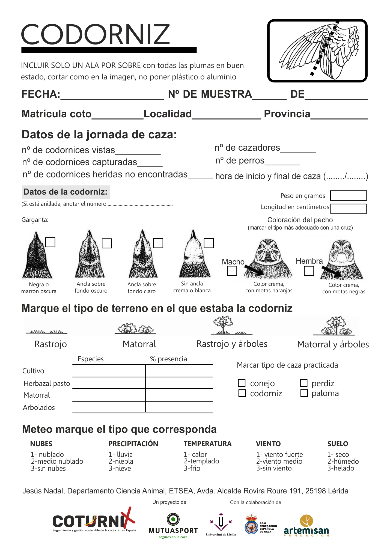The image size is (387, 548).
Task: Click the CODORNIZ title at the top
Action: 96,34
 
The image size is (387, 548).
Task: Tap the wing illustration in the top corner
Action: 317,51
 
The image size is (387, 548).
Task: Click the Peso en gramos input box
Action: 348,195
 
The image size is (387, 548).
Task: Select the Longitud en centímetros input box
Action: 348,209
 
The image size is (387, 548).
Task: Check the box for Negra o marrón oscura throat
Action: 50,242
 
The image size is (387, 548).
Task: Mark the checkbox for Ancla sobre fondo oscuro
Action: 107,243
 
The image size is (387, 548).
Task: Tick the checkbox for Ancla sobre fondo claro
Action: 158,243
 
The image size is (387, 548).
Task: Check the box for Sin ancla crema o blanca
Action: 209,243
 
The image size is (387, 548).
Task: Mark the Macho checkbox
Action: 232,271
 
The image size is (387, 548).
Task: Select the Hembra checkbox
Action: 309,271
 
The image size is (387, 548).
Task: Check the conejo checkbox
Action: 242,383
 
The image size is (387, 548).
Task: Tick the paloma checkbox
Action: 304,393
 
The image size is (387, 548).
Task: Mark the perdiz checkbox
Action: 304,383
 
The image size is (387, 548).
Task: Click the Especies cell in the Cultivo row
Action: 109,371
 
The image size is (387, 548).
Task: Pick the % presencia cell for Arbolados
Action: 179,407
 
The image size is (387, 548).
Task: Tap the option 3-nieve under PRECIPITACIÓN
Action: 120,469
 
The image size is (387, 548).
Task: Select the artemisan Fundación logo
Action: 306,526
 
